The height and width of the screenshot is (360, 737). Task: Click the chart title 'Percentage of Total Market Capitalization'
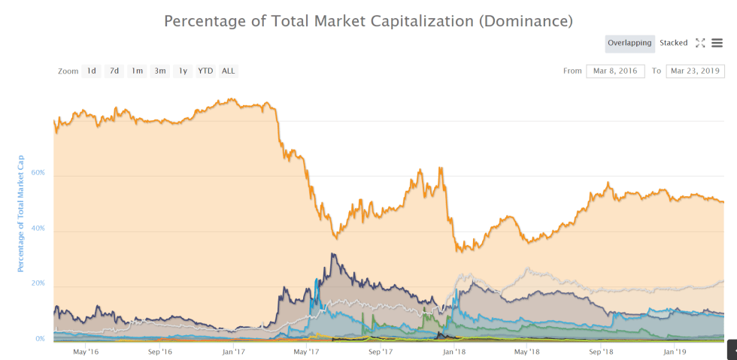tap(368, 20)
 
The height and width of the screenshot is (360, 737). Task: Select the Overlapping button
tap(629, 43)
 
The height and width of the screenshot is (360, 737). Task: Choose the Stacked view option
tap(674, 43)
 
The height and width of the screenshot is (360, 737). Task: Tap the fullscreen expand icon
tap(700, 43)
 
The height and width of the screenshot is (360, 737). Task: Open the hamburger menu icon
tap(717, 43)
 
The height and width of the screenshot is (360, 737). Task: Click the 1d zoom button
tap(91, 71)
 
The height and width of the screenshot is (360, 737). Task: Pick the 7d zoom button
tap(114, 71)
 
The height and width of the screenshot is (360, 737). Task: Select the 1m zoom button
tap(137, 71)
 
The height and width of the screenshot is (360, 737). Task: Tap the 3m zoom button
tap(159, 71)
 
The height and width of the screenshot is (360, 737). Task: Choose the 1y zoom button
tap(183, 71)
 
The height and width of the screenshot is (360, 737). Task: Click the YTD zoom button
tap(205, 71)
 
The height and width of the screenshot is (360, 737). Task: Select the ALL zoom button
tap(229, 71)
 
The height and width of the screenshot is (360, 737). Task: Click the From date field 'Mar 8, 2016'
tap(615, 71)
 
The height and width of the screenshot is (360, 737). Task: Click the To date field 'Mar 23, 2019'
tap(695, 71)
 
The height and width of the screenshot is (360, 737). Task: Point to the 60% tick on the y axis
tap(38, 173)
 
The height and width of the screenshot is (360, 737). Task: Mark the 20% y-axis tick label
tap(38, 283)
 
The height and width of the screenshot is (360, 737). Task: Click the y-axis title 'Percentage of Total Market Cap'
tap(21, 213)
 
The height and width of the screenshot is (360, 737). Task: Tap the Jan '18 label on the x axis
tap(453, 351)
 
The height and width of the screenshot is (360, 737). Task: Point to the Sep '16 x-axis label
tap(160, 351)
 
